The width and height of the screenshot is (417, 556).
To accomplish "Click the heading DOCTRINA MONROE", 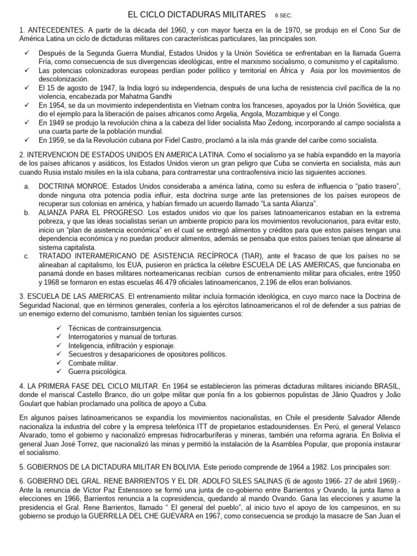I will (70, 186).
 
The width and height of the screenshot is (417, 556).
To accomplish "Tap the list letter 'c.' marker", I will (27, 256).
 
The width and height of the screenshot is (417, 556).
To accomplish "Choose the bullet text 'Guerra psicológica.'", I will (98, 372).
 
